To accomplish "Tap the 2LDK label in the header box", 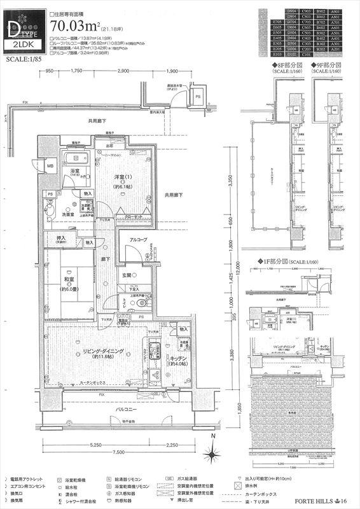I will click(x=22, y=46).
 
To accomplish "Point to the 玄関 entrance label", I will click(x=128, y=275).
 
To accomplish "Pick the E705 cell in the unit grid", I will click(x=277, y=21).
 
